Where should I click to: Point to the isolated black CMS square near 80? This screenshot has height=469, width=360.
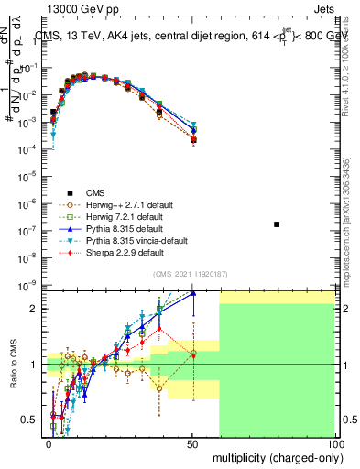pos(278,224)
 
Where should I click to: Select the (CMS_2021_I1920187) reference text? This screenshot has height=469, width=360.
pos(190,274)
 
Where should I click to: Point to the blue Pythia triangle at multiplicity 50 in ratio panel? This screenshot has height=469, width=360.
pos(192,293)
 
